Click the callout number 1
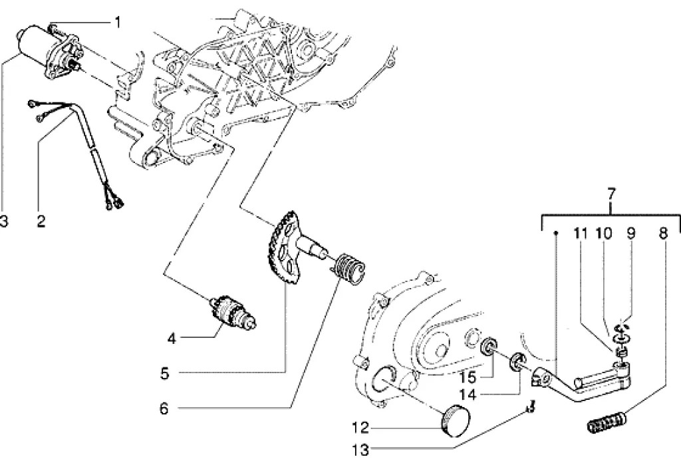point(117,22)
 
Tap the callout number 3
point(3,222)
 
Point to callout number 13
point(360,450)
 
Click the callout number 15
point(468,377)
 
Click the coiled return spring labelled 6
point(350,269)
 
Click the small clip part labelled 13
point(529,408)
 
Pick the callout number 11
point(580,233)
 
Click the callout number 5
point(164,373)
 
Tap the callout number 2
point(41,222)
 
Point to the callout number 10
point(603,233)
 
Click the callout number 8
point(663,233)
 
